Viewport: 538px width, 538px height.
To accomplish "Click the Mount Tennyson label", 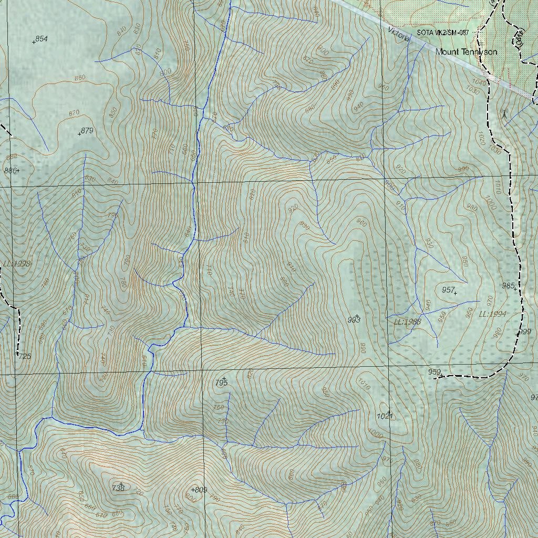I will [x=466, y=52].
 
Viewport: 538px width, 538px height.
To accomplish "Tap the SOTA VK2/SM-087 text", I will [x=442, y=33].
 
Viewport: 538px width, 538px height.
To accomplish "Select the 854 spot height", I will [x=40, y=39].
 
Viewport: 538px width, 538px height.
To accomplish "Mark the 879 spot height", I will [x=86, y=131].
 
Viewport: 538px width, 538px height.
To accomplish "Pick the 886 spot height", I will [x=11, y=170].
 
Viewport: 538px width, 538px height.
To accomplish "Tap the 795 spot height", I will [x=222, y=383].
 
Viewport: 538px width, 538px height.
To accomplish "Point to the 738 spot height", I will [x=118, y=488].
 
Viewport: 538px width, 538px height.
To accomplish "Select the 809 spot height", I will [x=199, y=490].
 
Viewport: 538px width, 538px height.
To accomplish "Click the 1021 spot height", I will [x=385, y=416].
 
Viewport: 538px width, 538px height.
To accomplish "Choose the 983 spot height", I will [x=354, y=319].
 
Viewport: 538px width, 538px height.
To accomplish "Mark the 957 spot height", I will [x=449, y=290].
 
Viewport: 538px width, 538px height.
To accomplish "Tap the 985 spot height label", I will [x=508, y=286].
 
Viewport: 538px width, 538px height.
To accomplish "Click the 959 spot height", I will [x=434, y=372].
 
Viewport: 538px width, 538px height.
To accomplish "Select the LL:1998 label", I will [x=16, y=264].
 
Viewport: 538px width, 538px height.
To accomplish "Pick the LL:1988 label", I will [x=408, y=322].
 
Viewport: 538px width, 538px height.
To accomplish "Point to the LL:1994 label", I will [x=492, y=314].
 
